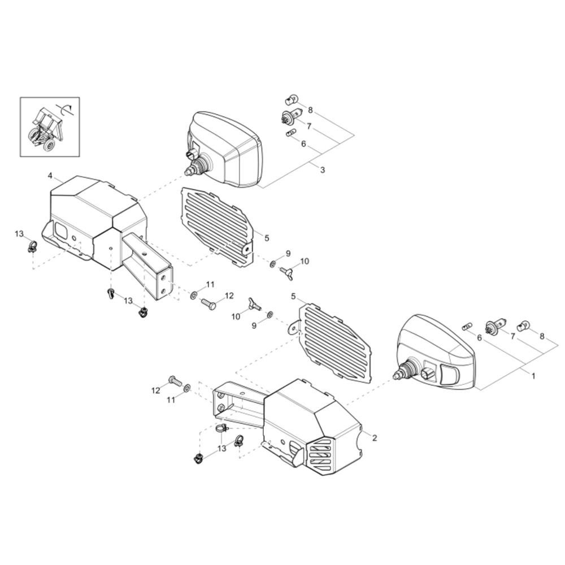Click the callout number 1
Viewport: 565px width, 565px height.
pos(533,376)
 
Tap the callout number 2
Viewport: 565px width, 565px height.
pos(375,438)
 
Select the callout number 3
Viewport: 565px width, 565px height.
pos(323,169)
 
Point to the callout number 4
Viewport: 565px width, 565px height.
pos(50,176)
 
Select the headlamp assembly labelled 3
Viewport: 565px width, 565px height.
pos(223,150)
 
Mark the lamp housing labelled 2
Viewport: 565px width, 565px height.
pos(288,421)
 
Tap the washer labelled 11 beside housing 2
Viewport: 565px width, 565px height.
pos(187,388)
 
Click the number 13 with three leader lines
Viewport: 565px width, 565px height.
pos(221,448)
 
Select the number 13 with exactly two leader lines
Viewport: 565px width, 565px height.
pos(128,301)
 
